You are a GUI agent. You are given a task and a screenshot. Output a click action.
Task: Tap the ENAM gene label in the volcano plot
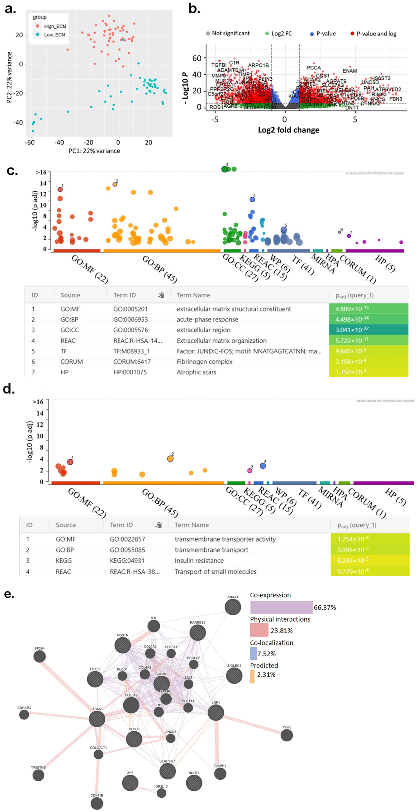349,71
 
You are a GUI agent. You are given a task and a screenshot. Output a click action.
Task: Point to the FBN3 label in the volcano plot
395,99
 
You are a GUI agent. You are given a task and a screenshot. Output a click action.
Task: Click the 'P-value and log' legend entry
376,34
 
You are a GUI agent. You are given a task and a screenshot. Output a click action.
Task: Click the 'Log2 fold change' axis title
288,130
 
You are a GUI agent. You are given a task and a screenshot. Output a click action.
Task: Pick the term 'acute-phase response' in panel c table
207,319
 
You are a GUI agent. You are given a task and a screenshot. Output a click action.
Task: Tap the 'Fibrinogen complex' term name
204,362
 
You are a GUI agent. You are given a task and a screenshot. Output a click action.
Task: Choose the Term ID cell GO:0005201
130,309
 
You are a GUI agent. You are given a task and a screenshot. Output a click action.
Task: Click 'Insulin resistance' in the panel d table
199,561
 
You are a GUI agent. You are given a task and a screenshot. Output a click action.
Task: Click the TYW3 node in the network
287,735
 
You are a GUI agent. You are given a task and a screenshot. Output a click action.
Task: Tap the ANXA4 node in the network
233,607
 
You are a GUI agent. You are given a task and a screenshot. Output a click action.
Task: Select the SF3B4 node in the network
40,656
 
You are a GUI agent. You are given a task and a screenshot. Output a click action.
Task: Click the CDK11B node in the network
97,803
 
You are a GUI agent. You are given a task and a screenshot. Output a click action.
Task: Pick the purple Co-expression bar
281,607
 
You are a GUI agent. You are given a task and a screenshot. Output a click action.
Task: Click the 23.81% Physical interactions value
281,631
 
